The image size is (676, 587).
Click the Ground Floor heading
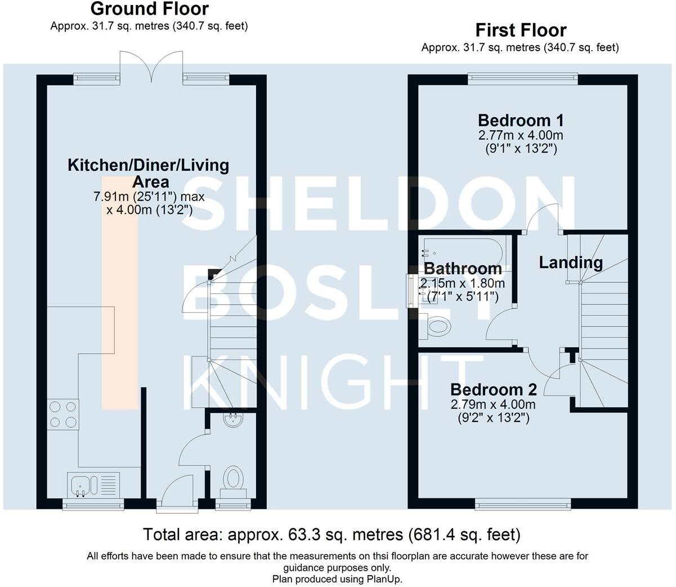[x=149, y=9]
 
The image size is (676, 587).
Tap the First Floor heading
[x=521, y=30]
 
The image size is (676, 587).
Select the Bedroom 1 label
[x=521, y=120]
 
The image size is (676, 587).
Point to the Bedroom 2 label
[x=493, y=389]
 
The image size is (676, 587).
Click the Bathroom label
[x=463, y=268]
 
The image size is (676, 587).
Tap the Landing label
[x=571, y=263]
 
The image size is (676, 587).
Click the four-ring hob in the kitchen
[x=63, y=414]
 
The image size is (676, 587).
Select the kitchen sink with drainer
[x=93, y=484]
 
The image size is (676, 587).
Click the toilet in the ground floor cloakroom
[x=233, y=479]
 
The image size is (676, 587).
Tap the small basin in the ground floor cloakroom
[x=232, y=419]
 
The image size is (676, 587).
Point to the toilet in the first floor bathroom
[x=437, y=326]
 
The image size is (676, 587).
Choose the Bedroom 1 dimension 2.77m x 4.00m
[x=521, y=135]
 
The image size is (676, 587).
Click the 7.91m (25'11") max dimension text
[x=149, y=197]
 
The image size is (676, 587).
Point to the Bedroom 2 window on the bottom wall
[x=523, y=504]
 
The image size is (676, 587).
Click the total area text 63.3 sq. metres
[x=332, y=534]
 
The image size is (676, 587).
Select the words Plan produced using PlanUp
[x=337, y=579]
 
